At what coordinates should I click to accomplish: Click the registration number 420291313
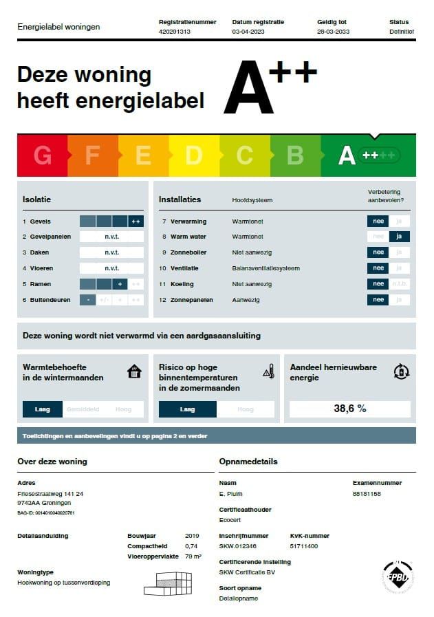(x=174, y=32)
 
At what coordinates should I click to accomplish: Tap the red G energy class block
(x=42, y=155)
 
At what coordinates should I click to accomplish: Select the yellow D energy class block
(x=193, y=155)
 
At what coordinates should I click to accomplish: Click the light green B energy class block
(x=295, y=155)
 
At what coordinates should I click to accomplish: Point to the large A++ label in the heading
(x=270, y=87)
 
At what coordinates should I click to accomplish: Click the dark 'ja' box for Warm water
(x=400, y=237)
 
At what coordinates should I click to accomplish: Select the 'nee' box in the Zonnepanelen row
(x=378, y=300)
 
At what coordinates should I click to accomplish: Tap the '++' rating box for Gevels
(x=136, y=221)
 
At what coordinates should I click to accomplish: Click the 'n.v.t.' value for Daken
(x=111, y=252)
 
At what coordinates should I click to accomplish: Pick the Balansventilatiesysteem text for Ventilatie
(x=265, y=268)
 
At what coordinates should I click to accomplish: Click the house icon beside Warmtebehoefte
(x=135, y=372)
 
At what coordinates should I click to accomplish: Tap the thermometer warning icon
(x=268, y=372)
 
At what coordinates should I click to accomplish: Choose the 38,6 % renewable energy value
(x=350, y=409)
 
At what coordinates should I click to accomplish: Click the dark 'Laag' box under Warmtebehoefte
(x=43, y=409)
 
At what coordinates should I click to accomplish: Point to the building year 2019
(x=192, y=536)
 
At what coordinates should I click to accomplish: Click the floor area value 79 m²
(x=193, y=556)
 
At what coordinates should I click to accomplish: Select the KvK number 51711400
(x=304, y=545)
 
